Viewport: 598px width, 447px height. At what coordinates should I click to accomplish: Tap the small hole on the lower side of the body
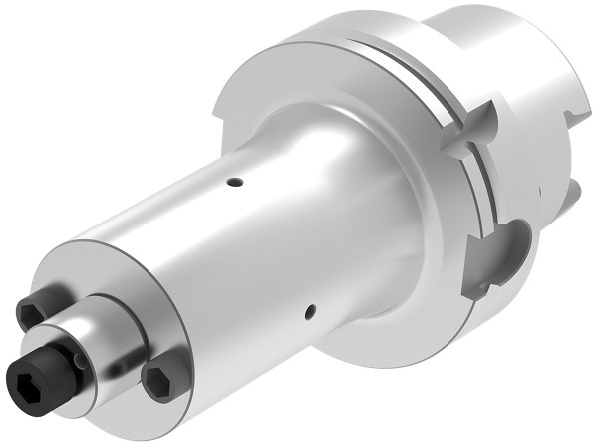(x=313, y=311)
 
